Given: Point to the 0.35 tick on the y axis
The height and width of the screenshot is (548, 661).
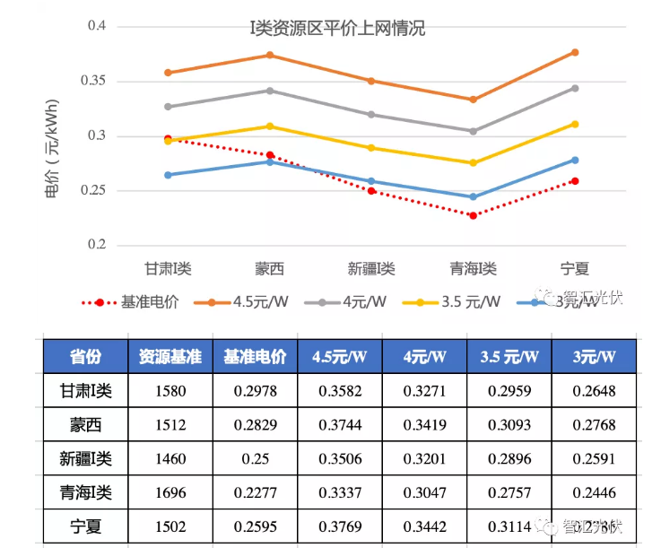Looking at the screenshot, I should [96, 82].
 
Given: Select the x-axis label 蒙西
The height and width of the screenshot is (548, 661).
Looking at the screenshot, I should [269, 268].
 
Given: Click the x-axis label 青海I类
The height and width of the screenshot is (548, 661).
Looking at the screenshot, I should [473, 268].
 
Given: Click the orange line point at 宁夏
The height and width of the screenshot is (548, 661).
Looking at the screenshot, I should [575, 53].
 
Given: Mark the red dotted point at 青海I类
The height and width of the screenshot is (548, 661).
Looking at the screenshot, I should [473, 215].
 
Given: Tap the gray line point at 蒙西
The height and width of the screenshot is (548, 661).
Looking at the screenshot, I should [269, 91].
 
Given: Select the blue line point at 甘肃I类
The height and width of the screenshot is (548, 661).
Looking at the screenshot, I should [168, 175].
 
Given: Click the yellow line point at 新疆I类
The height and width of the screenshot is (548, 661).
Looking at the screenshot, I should [371, 148].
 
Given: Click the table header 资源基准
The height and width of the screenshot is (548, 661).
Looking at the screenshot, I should [170, 357].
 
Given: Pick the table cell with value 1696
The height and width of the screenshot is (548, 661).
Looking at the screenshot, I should [170, 491].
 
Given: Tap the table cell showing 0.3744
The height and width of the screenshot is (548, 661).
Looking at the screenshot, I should [340, 424].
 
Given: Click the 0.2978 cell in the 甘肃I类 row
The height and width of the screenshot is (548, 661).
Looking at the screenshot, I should [255, 391].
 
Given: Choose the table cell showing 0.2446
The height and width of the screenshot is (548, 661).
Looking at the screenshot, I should [594, 491].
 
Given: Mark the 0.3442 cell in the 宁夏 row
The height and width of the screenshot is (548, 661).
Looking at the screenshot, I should [424, 526].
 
